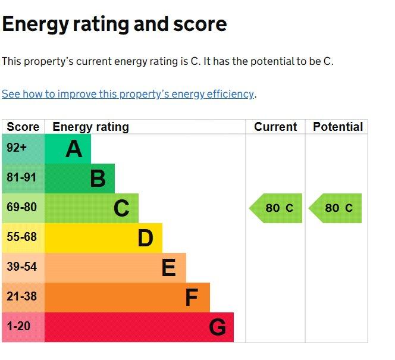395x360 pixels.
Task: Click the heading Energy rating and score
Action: [x=114, y=24]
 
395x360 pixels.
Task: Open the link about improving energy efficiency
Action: [x=128, y=94]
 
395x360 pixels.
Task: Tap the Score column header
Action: [x=23, y=127]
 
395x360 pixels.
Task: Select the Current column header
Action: [x=275, y=127]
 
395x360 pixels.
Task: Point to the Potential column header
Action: [x=338, y=127]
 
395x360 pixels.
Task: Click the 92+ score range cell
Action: [x=23, y=149]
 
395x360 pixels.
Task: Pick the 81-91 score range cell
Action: [x=23, y=179]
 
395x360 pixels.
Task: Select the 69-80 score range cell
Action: [x=23, y=208]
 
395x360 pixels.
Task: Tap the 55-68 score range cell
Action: [x=23, y=238]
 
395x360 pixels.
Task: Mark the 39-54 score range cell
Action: [x=23, y=268]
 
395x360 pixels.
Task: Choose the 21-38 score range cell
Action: [x=23, y=298]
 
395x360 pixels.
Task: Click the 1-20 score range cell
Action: [x=23, y=327]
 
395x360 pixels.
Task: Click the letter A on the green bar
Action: [x=74, y=149]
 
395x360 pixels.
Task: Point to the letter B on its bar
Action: [x=98, y=179]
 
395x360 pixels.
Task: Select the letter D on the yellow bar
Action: [x=145, y=238]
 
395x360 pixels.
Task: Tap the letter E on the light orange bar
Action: [x=168, y=268]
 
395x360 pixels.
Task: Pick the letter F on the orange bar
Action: [x=192, y=298]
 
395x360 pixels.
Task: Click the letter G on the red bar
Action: [x=217, y=327]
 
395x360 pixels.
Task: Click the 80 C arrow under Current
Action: [x=275, y=208]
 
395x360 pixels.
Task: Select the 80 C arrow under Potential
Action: [x=335, y=208]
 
